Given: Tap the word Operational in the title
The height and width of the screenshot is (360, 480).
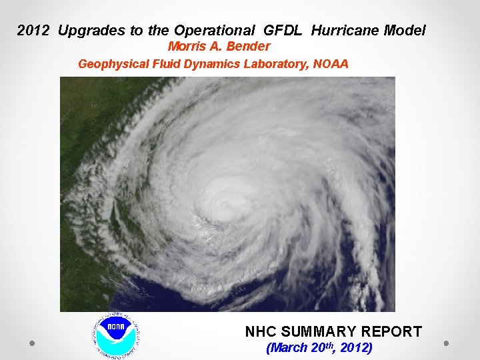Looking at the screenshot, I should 214,31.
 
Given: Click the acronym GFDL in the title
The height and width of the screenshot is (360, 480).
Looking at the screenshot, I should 285,31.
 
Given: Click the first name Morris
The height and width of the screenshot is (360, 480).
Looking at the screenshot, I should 187,47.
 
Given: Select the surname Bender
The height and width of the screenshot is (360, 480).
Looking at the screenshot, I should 248,47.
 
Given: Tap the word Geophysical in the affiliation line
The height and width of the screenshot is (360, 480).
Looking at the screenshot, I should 110,64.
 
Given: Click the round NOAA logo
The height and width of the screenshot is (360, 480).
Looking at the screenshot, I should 116,333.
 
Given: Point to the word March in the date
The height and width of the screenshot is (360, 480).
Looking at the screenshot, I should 288,348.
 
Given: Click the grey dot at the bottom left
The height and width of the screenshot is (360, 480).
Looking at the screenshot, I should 31,343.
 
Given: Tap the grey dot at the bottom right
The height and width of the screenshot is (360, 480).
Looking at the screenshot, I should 446,343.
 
